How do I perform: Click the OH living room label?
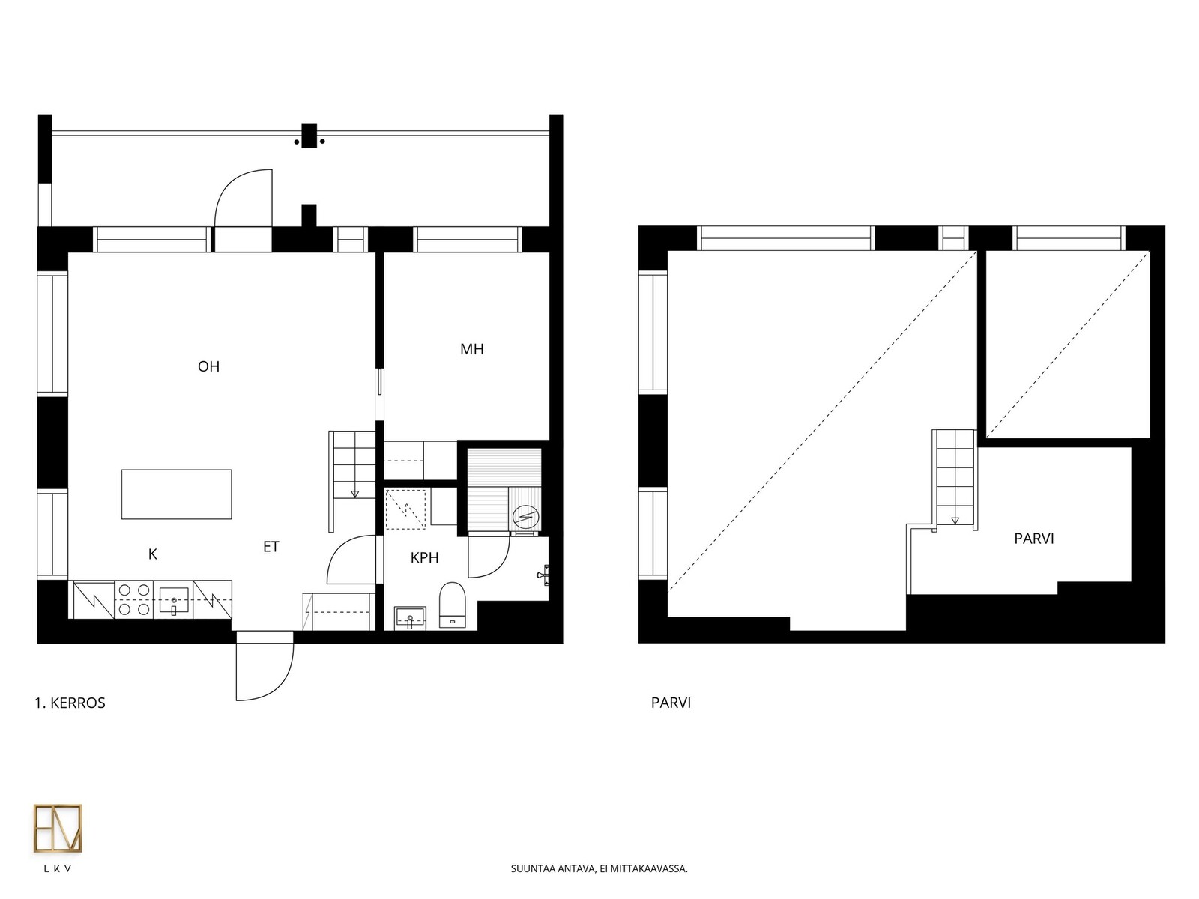208,366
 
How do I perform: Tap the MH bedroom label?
472,349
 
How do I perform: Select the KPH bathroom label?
424,558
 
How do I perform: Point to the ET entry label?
271,546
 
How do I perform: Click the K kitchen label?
153,554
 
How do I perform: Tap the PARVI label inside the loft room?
1034,539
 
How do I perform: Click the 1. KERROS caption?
70,703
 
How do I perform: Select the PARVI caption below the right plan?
671,703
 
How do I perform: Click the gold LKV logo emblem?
58,828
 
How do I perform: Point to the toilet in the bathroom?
453,605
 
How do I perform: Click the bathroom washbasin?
410,617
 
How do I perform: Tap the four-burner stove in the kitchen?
134,599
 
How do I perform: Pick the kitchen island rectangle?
176,494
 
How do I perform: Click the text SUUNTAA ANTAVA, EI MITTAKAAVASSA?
599,868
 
